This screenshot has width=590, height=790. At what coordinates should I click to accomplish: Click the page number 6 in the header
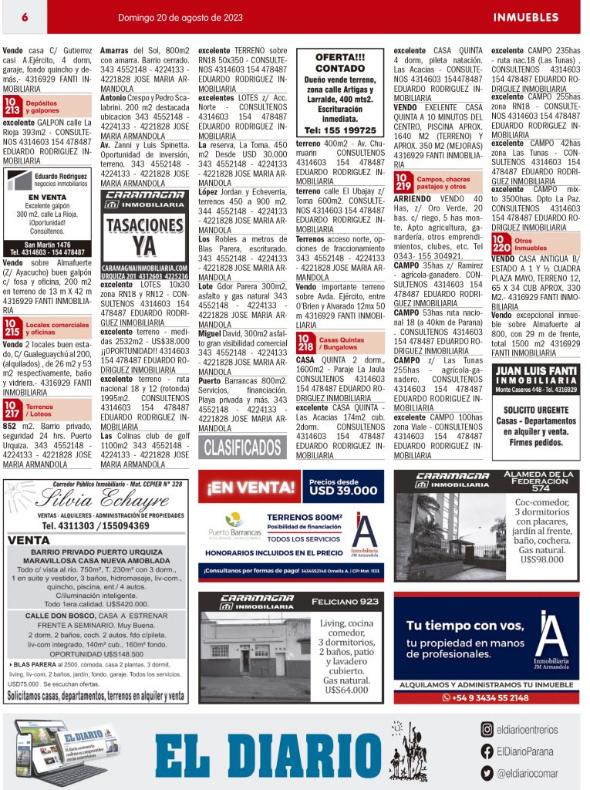click(x=25, y=17)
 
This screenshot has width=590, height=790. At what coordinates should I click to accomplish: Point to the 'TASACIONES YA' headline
click(x=145, y=236)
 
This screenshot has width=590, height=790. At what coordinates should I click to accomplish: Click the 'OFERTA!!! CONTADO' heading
click(x=340, y=62)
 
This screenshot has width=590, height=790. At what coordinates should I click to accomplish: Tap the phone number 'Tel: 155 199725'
click(x=340, y=130)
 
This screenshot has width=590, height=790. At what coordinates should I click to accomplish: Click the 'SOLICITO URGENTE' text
click(x=535, y=410)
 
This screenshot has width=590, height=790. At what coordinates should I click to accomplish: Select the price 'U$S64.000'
click(x=343, y=690)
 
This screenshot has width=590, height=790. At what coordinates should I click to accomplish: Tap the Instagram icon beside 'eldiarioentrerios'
click(x=487, y=729)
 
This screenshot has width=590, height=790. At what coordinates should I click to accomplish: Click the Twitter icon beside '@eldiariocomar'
click(x=487, y=772)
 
